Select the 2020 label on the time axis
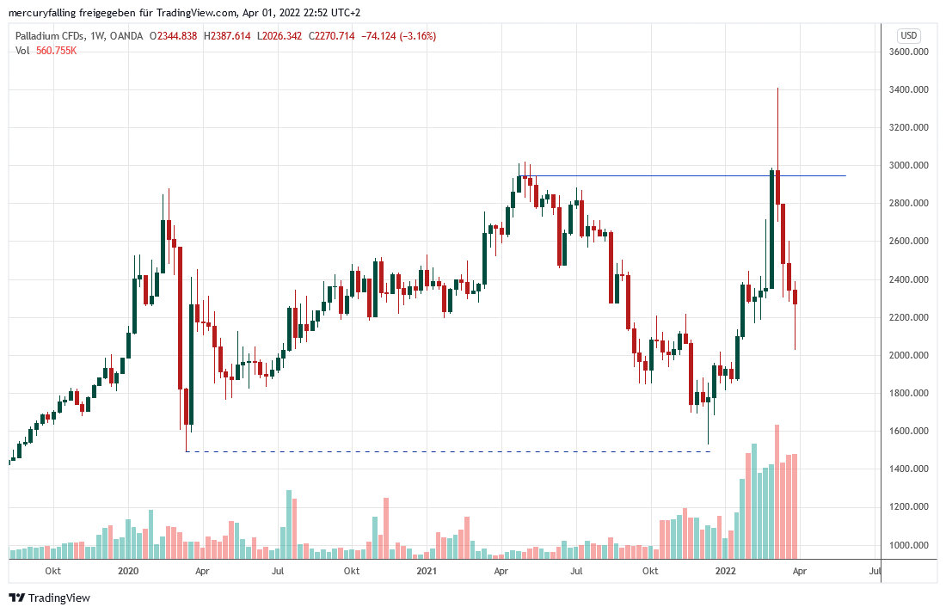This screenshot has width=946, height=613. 128,571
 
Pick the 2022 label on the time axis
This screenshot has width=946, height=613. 725,571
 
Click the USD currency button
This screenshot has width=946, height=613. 908,36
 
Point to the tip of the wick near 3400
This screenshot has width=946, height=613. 777,89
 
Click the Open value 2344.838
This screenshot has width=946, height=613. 178,36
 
